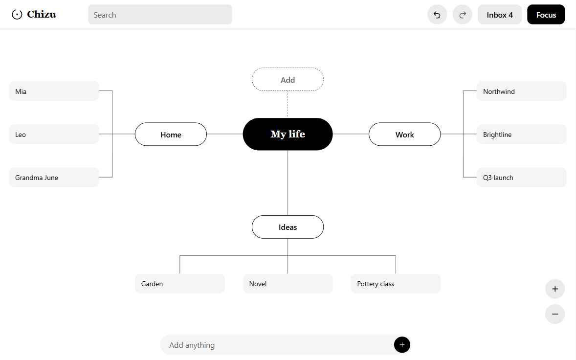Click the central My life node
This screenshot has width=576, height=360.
(x=288, y=134)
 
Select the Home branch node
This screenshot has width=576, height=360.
(x=171, y=135)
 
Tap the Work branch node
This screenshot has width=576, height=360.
(x=404, y=135)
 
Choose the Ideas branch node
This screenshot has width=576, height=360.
(x=288, y=227)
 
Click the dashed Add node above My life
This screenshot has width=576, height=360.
(x=288, y=79)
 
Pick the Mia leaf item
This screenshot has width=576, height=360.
(x=54, y=91)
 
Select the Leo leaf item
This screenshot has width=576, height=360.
(x=54, y=134)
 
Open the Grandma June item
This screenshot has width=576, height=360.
(x=54, y=178)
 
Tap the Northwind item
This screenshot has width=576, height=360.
(x=522, y=91)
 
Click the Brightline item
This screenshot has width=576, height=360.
(x=522, y=134)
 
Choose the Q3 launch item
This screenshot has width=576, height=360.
(x=522, y=178)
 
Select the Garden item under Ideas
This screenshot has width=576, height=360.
(x=179, y=284)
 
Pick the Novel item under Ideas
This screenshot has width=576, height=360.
(x=288, y=284)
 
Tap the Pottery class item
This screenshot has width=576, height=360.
(x=396, y=284)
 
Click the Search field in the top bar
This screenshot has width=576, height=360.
(x=160, y=15)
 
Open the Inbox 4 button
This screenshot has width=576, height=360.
(x=500, y=15)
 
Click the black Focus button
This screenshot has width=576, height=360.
(x=546, y=15)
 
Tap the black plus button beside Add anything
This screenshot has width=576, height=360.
(x=402, y=344)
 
